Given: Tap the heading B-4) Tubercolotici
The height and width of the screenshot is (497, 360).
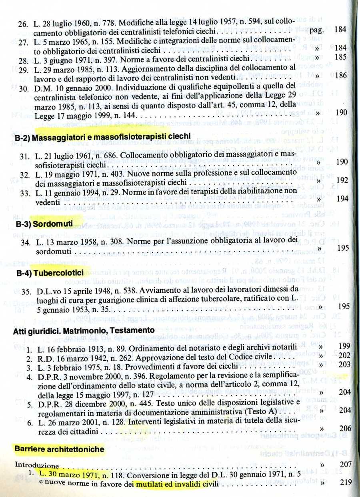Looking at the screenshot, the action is pyautogui.click(x=50, y=273).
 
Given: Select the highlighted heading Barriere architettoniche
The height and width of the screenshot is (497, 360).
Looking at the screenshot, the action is pyautogui.click(x=59, y=449).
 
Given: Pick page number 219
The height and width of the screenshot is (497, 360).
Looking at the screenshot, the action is pyautogui.click(x=345, y=482).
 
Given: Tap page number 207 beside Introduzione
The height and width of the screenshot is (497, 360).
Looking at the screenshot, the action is pyautogui.click(x=345, y=465).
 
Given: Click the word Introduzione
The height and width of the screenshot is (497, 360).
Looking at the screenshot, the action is pyautogui.click(x=37, y=465).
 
